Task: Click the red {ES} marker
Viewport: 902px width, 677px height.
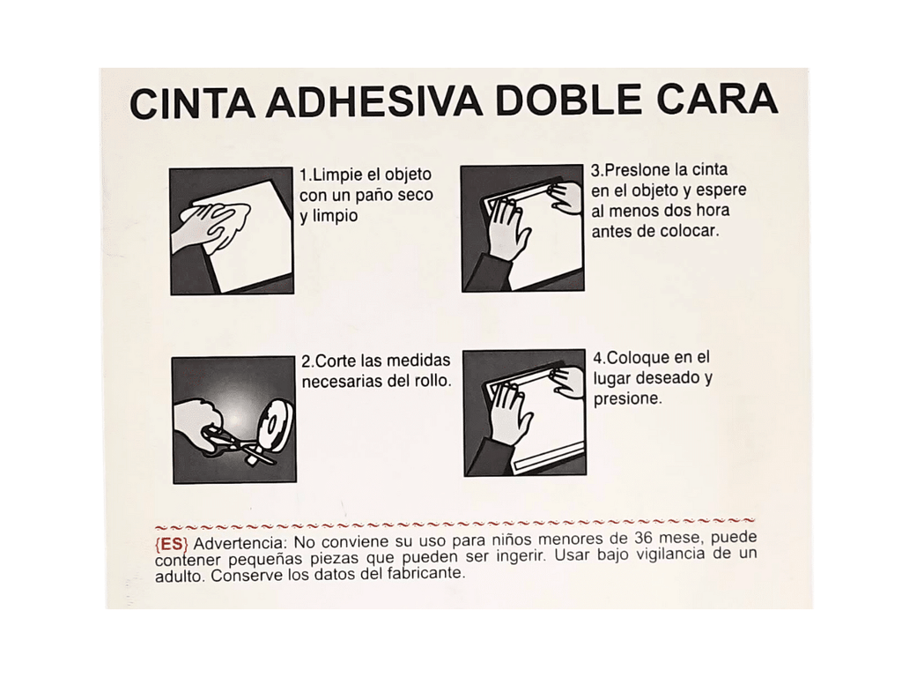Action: (171, 542)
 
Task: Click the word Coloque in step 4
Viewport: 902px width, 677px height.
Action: (640, 359)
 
